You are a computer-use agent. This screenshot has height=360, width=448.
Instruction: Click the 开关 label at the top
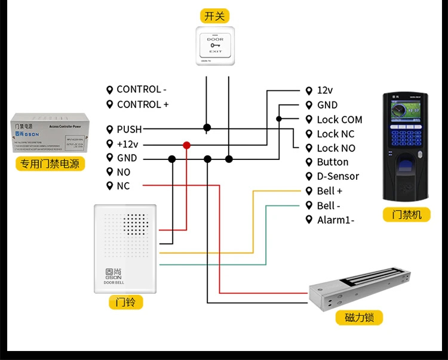(215, 16)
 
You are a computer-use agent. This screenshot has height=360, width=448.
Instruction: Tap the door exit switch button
(215, 46)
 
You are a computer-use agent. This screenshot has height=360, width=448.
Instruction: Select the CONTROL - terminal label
(142, 90)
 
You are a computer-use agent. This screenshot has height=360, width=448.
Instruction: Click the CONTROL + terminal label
(143, 104)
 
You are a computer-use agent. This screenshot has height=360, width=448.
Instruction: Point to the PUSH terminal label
(129, 129)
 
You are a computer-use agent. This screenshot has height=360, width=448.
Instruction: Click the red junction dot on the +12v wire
(187, 144)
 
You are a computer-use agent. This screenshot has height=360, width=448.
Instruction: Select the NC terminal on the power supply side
(123, 186)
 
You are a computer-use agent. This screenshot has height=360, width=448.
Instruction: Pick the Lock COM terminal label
(339, 119)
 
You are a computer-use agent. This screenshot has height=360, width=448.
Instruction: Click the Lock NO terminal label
(336, 148)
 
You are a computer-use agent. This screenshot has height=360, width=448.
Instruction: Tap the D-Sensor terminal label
(337, 176)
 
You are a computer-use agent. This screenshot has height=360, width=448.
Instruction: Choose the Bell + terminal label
(330, 191)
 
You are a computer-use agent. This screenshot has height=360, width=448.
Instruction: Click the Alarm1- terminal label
(336, 220)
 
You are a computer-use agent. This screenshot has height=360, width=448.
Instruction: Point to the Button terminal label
(332, 162)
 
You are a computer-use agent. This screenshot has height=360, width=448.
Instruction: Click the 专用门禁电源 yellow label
(50, 164)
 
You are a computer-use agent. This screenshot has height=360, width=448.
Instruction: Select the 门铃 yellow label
(126, 303)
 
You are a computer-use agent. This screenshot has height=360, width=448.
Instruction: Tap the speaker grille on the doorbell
(139, 224)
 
